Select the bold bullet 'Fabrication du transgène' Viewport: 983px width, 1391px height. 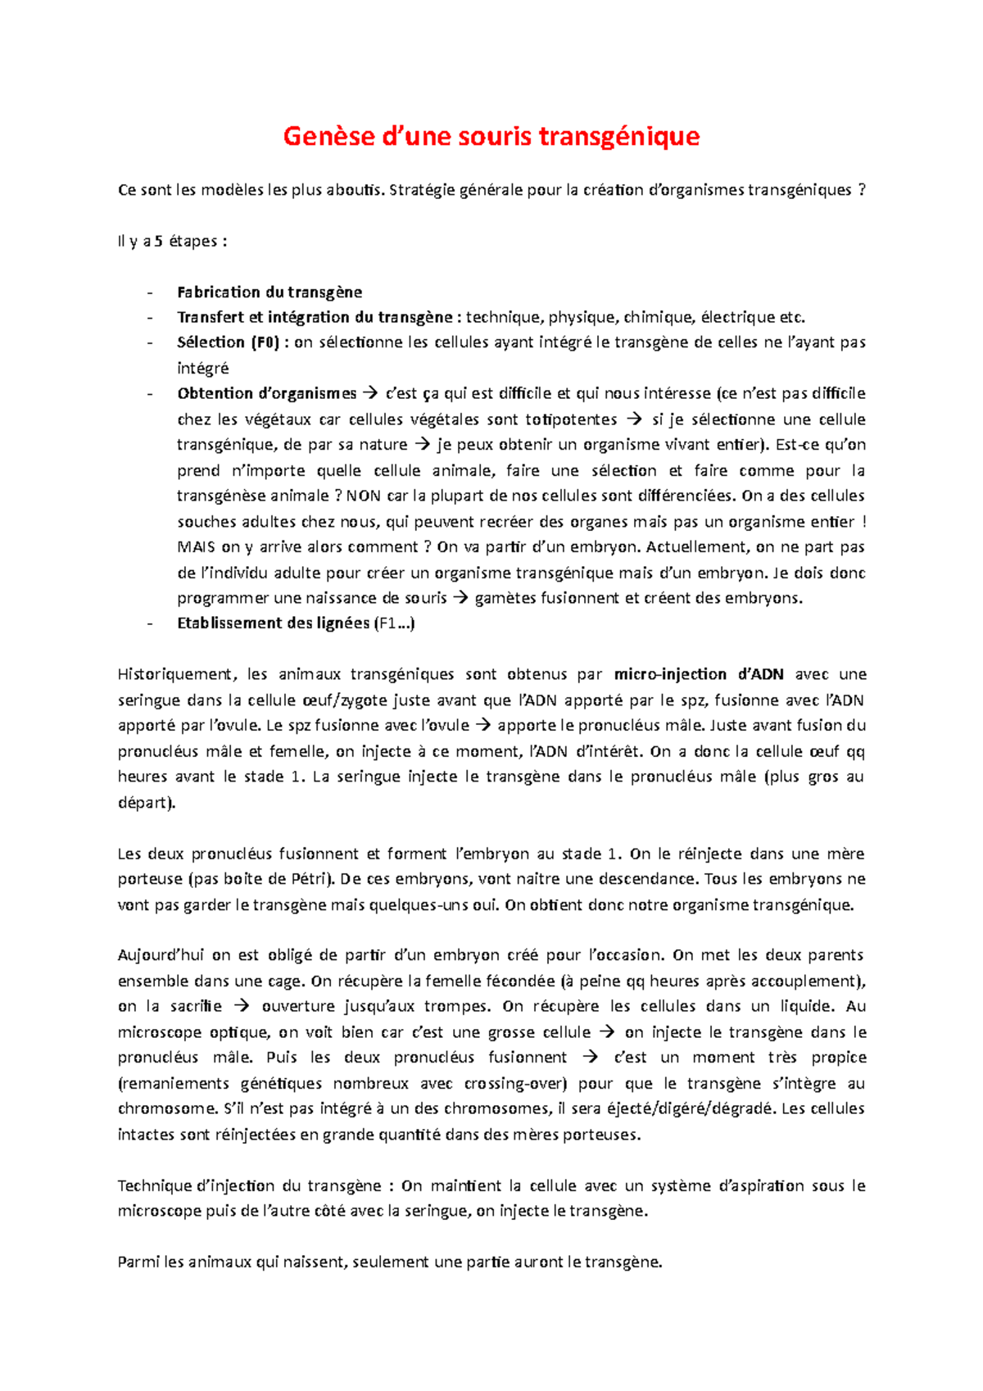coord(270,292)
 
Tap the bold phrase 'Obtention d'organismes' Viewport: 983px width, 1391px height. coord(267,394)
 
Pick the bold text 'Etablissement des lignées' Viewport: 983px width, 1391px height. coord(274,623)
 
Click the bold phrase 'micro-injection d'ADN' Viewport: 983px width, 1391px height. coord(699,674)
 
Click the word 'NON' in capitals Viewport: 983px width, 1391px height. coord(364,496)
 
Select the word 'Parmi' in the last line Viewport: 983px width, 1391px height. coord(138,1262)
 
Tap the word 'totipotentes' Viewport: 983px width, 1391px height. coord(571,419)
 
